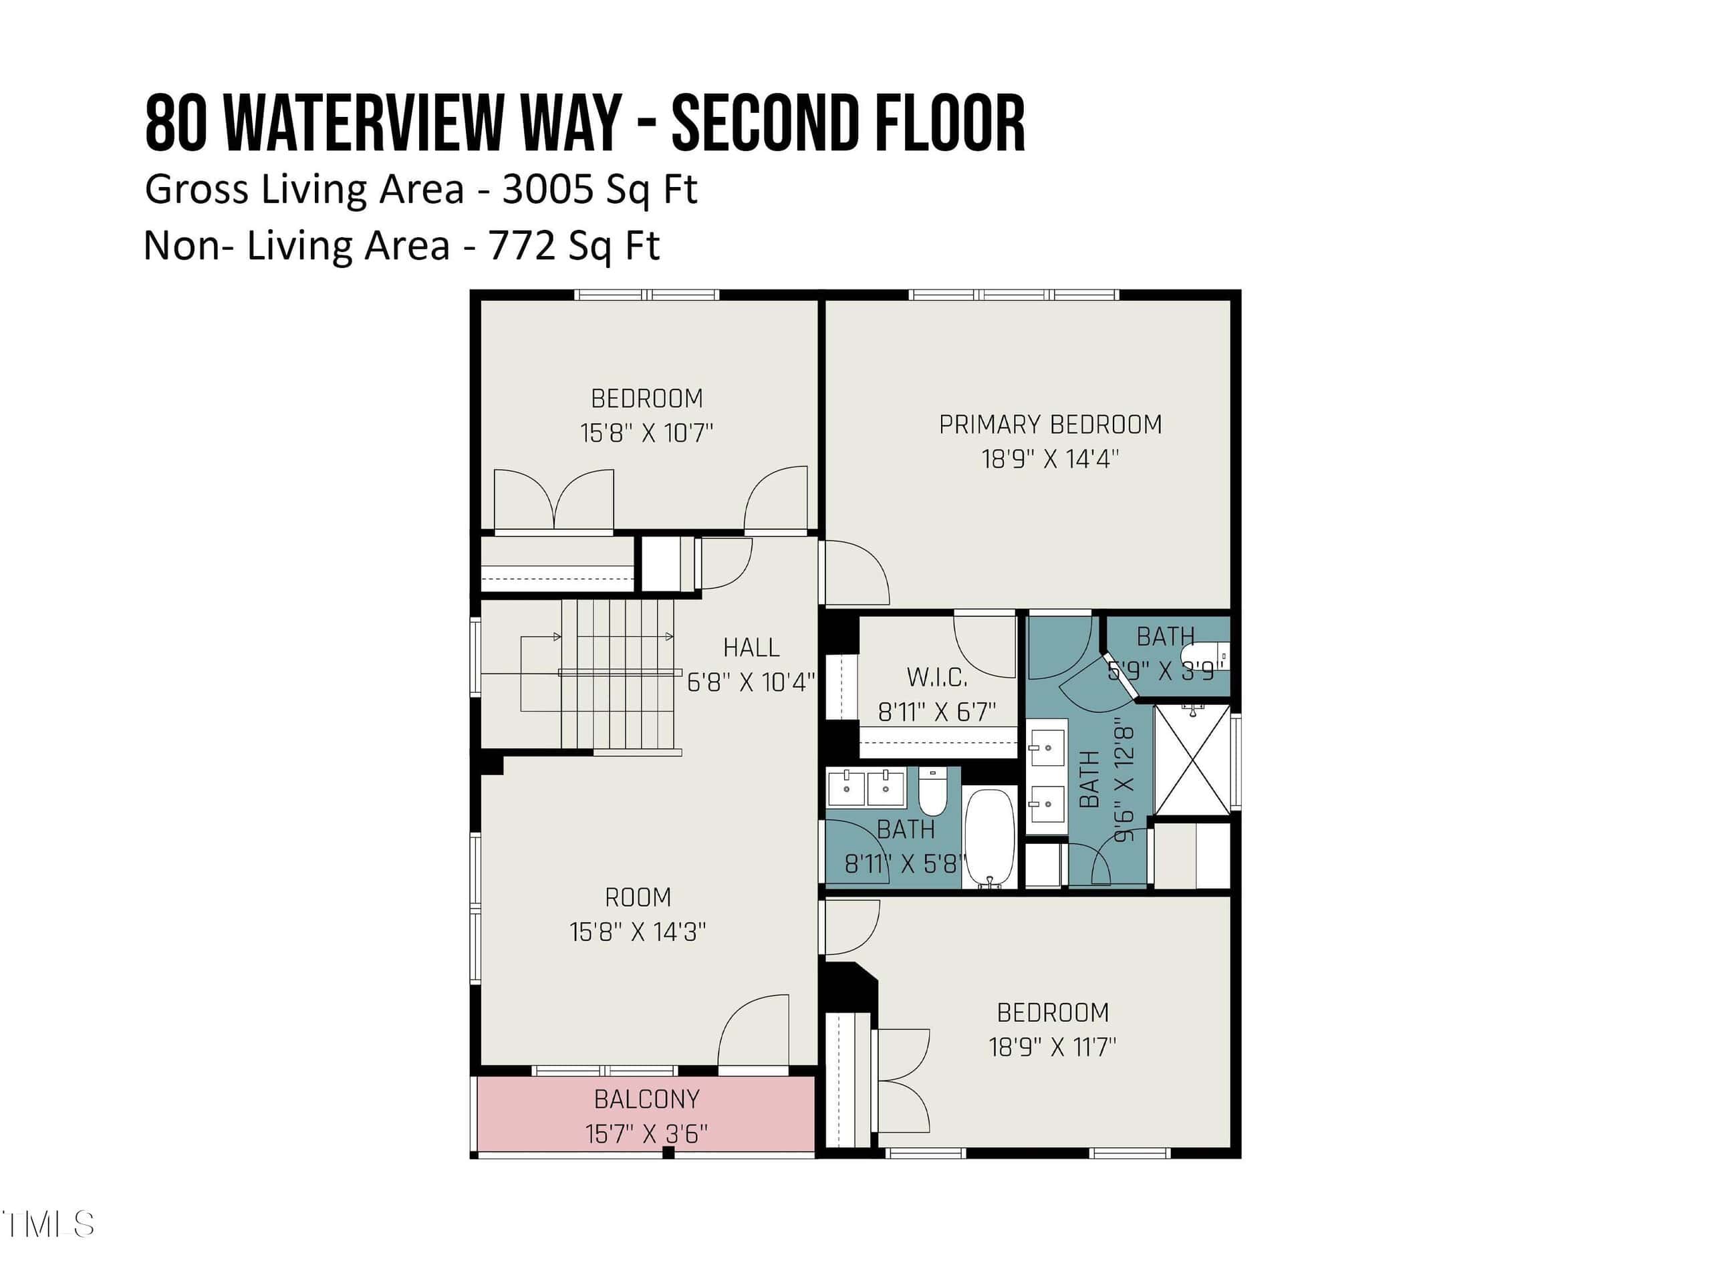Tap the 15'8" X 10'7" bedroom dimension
point(647,432)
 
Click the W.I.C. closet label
point(937,678)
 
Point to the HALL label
point(751,648)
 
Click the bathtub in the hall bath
point(989,837)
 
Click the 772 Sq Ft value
point(574,246)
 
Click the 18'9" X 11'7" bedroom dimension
point(1052,1047)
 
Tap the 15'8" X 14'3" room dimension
point(638,932)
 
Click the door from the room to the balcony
point(753,1031)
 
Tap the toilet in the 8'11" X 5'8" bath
point(933,792)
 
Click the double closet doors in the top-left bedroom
point(554,500)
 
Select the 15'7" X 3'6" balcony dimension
point(647,1134)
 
